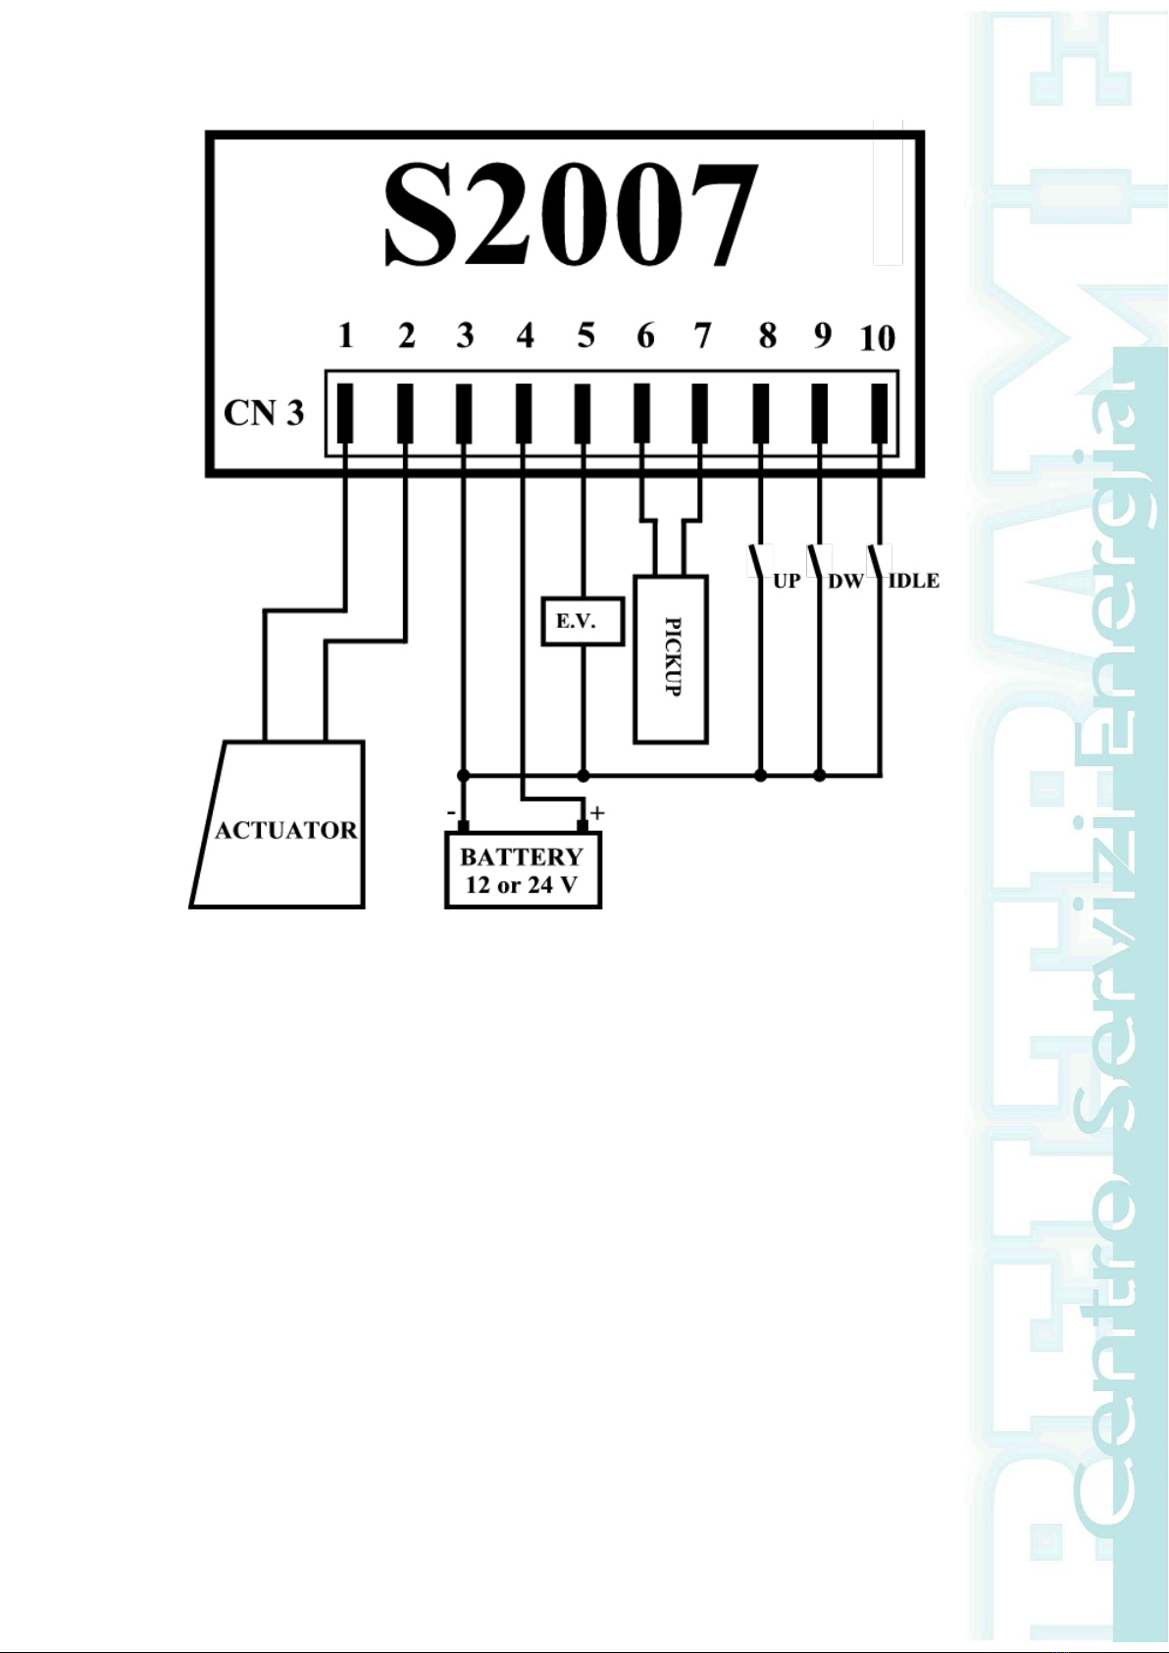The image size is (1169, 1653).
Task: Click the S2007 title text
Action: [x=570, y=215]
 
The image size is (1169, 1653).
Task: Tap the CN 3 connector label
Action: [x=264, y=413]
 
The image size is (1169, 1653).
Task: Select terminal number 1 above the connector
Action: [x=345, y=336]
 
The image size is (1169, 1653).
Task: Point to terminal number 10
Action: [x=877, y=338]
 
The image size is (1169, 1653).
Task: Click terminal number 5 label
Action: [x=585, y=336]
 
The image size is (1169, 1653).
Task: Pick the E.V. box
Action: [x=583, y=622]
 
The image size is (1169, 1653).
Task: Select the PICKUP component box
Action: [x=672, y=658]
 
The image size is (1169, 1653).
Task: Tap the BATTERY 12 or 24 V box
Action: [x=523, y=871]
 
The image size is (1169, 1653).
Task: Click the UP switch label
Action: [x=787, y=581]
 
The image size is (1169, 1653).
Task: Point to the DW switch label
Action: [x=845, y=581]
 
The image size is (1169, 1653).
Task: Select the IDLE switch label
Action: [x=913, y=581]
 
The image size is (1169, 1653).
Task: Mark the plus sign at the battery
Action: [x=597, y=812]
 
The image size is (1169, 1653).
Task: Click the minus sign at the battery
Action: [x=450, y=812]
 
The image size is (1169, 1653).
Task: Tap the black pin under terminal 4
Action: [x=524, y=413]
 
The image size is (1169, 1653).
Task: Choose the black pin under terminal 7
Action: [x=699, y=413]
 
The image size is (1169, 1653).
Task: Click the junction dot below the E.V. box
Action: [x=584, y=776]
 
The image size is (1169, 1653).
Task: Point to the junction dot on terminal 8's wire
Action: [x=761, y=776]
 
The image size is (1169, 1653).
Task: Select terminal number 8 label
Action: [x=767, y=336]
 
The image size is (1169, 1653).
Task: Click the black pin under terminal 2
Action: [x=405, y=413]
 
